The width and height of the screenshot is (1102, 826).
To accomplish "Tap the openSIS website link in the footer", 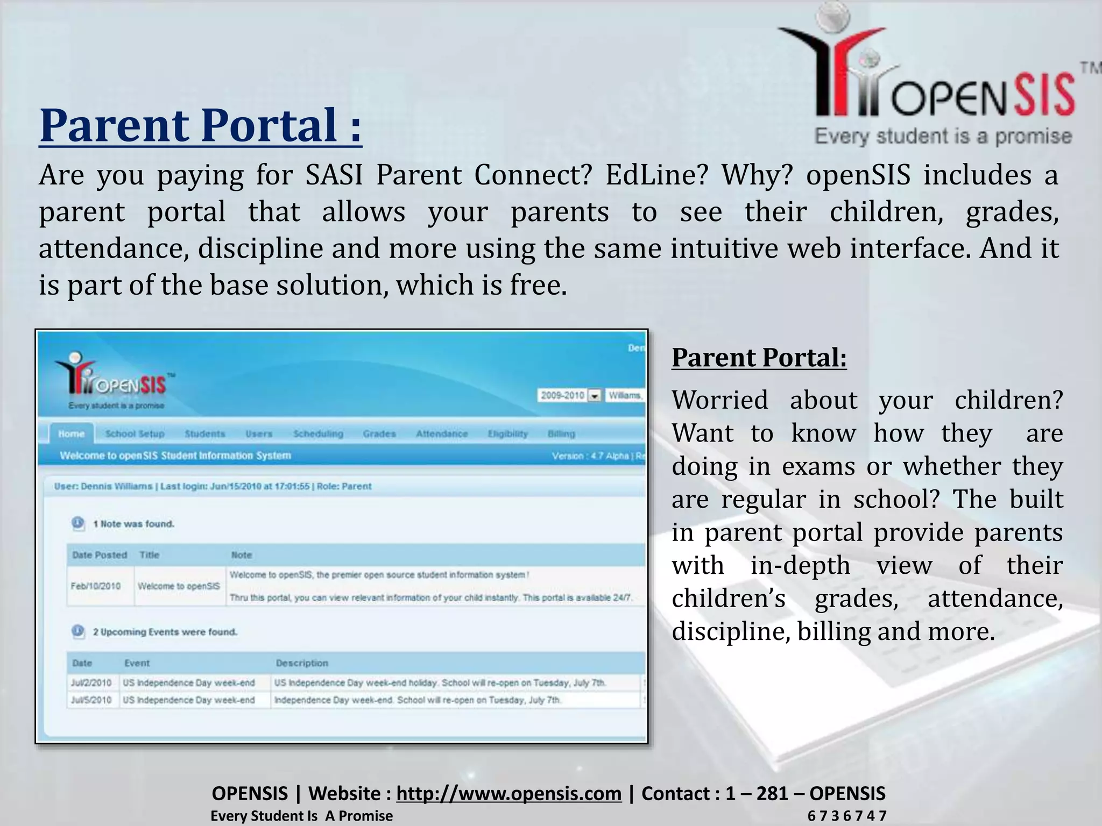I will click(508, 793).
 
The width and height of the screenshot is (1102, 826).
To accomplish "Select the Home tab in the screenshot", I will click(71, 433).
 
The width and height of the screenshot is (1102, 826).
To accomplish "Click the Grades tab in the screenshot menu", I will click(379, 433).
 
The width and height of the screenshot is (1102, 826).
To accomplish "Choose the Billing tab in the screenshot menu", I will click(561, 433).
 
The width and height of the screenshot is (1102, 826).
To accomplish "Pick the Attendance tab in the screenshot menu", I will click(441, 433).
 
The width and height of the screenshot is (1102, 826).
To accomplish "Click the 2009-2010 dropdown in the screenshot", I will click(569, 395).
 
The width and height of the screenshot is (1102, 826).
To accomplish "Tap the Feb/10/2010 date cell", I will click(95, 586).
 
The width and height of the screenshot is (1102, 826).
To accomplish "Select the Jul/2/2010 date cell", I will click(91, 682).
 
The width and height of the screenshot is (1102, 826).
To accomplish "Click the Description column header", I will click(301, 663).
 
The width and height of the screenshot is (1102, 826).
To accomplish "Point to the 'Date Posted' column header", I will click(99, 554).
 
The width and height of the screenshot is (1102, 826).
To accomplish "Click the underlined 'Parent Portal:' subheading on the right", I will click(759, 358).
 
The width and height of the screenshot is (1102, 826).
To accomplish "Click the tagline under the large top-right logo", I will click(943, 136).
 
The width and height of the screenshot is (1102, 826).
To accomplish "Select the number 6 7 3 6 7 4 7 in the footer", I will click(846, 816).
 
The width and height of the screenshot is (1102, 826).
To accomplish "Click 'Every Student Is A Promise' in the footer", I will click(301, 816).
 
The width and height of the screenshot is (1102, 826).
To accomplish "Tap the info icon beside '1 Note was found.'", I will click(78, 523).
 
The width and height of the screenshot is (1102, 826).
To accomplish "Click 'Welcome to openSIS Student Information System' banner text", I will click(175, 455).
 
